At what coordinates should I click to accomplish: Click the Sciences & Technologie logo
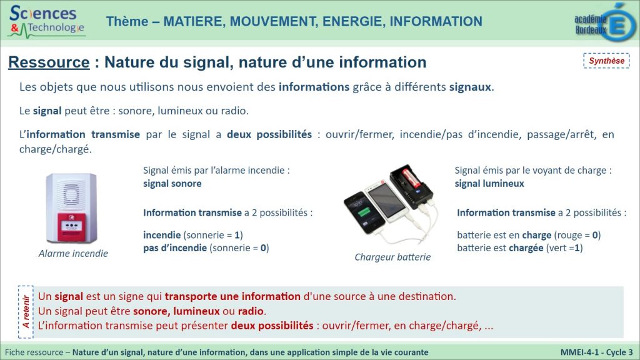point(46,21)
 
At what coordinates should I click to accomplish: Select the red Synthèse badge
point(606,61)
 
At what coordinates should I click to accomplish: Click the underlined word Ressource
point(49,62)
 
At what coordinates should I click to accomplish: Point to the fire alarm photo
point(72,208)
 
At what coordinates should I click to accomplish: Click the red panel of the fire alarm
point(72,227)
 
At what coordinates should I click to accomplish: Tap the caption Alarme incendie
point(74,254)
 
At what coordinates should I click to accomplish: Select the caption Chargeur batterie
point(392,257)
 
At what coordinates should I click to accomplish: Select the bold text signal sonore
point(172,184)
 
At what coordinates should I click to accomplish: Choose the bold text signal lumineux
point(489,184)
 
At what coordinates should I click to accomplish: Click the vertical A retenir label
point(26,312)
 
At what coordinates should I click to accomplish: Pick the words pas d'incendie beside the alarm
point(175,247)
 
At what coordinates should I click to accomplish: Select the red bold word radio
point(251,311)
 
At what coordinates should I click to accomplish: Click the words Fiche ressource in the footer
point(34,352)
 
